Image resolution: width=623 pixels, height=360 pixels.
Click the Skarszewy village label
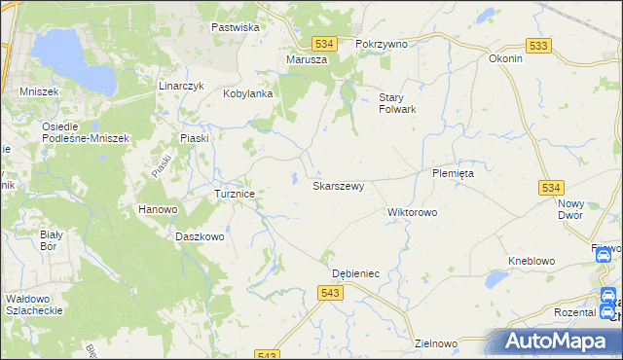pyautogui.click(x=338, y=185)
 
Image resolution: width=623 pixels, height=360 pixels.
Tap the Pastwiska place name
pyautogui.click(x=236, y=27)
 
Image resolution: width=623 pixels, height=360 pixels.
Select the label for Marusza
pyautogui.click(x=307, y=59)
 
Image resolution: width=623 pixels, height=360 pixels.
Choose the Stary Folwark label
pyautogui.click(x=397, y=103)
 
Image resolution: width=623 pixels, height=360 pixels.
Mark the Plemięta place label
pyautogui.click(x=453, y=172)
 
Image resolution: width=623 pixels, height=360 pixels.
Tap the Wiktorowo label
pyautogui.click(x=413, y=211)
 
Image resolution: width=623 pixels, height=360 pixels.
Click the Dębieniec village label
pyautogui.click(x=355, y=274)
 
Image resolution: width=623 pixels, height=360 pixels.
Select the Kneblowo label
pyautogui.click(x=531, y=261)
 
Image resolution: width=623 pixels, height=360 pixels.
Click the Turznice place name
pyautogui.click(x=235, y=194)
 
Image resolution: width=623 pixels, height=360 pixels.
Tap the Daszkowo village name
pyautogui.click(x=201, y=236)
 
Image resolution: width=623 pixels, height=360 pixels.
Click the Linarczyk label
pyautogui.click(x=180, y=86)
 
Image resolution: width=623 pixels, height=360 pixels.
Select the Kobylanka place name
pyautogui.click(x=246, y=94)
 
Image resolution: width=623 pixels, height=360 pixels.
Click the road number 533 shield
pyautogui.click(x=537, y=46)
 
